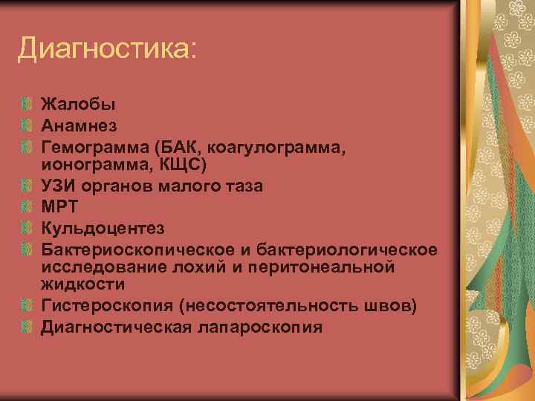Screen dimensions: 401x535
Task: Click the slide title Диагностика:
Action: point(108,50)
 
